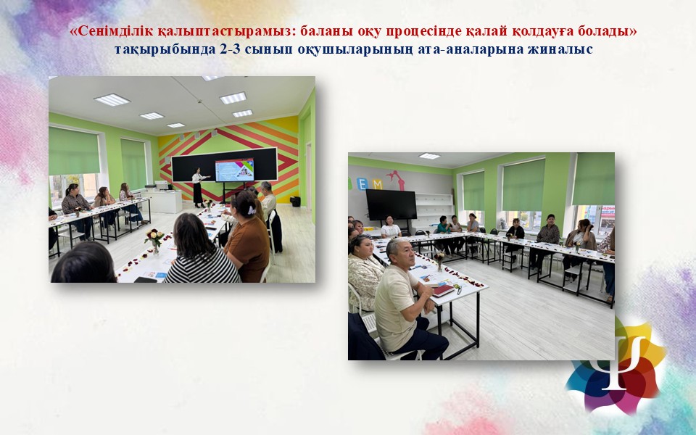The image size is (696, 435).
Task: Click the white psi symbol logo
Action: point(618,362)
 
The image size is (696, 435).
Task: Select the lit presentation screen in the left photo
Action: point(234,170)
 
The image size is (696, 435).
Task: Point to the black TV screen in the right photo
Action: point(391,204)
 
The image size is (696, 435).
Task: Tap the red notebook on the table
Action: point(444,291)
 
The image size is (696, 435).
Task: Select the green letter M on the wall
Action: point(377,183)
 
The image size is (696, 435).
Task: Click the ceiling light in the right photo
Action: point(429,156)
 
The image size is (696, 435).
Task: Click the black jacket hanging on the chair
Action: point(275,231)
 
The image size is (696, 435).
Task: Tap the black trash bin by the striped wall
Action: point(295,201)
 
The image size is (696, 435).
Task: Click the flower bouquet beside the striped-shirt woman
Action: point(154,240)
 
